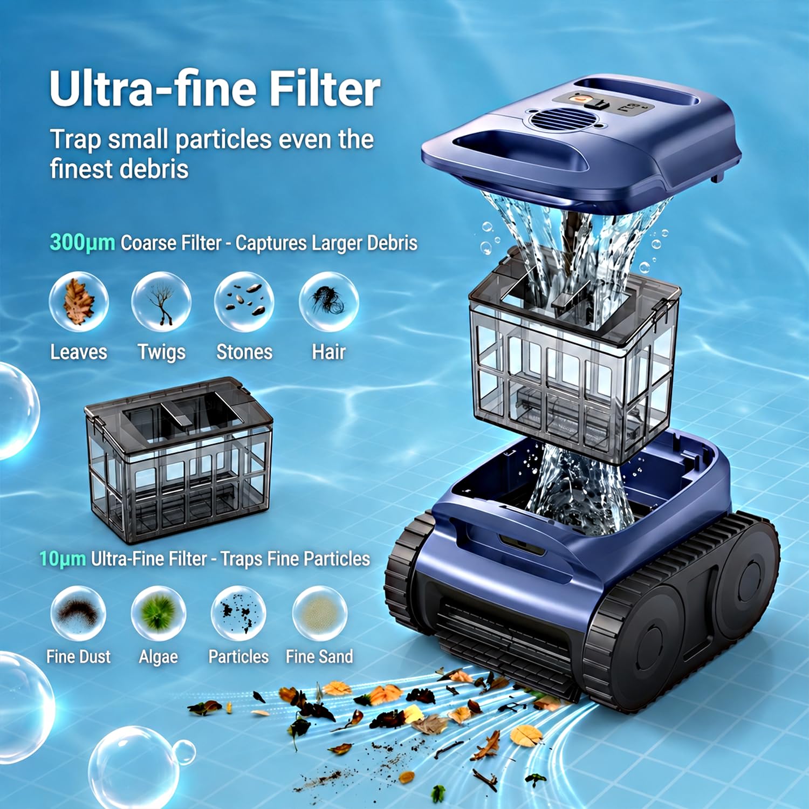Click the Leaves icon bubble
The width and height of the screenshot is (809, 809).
pos(79,301)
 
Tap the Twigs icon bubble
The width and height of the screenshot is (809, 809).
pos(161,301)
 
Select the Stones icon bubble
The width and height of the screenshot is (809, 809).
pos(244,301)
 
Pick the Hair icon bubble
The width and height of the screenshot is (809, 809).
pos(328,301)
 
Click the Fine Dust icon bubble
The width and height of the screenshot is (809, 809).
pos(78,613)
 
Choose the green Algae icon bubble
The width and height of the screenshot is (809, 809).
pos(159,613)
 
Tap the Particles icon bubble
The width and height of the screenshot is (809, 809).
pos(238,613)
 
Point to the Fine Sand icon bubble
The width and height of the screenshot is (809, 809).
pos(320,613)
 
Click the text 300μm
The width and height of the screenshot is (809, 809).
pos(82,243)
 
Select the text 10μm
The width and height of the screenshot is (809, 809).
pos(62,559)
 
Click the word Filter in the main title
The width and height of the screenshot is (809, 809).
pos(325,89)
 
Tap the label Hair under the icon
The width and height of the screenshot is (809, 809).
pos(328,352)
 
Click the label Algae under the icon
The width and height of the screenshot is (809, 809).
pos(158,657)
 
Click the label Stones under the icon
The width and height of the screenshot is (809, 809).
pos(244,352)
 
